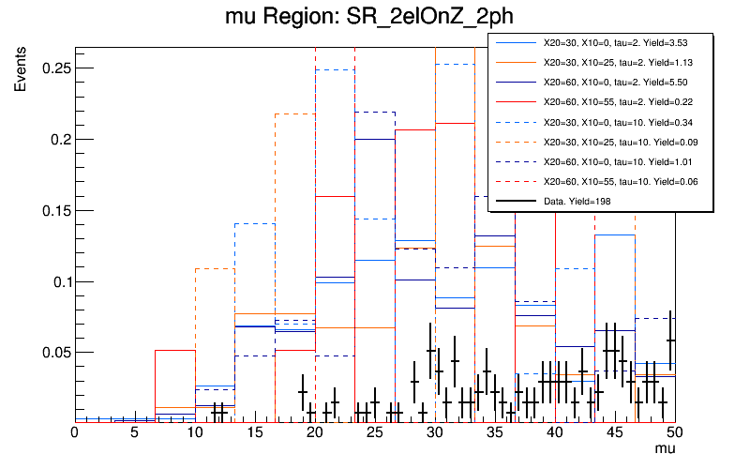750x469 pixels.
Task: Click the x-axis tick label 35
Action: point(494,432)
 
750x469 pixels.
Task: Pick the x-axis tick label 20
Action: point(314,432)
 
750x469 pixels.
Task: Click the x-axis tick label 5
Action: point(134,432)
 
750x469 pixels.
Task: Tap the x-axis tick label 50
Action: point(674,432)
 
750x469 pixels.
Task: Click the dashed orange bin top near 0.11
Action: point(215,269)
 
